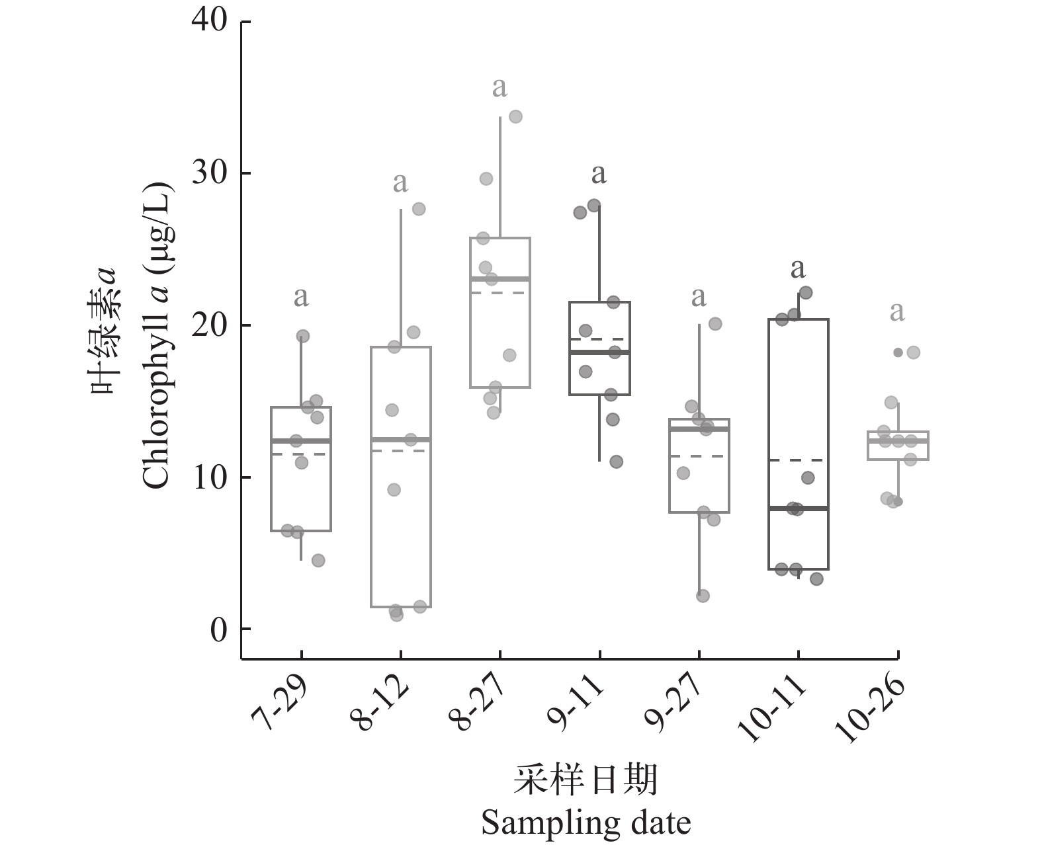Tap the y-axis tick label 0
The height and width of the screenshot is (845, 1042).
click(x=218, y=629)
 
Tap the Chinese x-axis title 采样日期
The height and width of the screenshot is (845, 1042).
click(x=586, y=781)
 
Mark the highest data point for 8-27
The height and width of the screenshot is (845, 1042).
click(x=515, y=116)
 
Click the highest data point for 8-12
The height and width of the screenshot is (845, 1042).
click(x=419, y=209)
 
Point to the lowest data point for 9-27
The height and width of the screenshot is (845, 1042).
click(x=703, y=596)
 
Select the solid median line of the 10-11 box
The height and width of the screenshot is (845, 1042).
click(x=799, y=508)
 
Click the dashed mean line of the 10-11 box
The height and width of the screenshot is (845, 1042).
click(x=799, y=460)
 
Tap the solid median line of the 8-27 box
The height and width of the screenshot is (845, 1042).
click(x=500, y=278)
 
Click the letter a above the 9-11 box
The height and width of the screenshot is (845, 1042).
click(x=599, y=174)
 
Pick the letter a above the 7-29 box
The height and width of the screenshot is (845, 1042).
click(x=301, y=297)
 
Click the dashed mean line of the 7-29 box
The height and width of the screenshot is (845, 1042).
click(x=301, y=454)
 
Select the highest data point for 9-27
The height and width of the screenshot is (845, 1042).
click(x=715, y=324)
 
